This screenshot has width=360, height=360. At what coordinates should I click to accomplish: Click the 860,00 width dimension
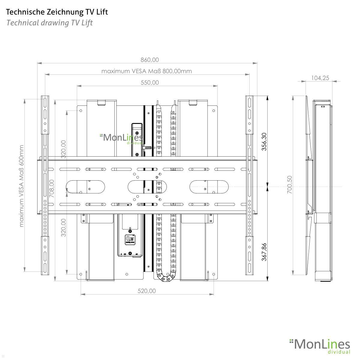(x=150, y=60)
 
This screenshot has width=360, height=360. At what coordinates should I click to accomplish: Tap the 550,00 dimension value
(x=150, y=82)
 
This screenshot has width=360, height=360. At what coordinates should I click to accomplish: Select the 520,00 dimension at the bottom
(x=147, y=291)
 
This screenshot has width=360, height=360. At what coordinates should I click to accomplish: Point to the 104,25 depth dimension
(x=320, y=78)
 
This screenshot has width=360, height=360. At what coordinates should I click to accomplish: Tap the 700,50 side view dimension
(x=289, y=184)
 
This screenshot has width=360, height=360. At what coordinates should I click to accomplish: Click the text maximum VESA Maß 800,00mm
(x=146, y=71)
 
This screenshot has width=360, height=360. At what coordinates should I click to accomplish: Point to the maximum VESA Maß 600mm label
(x=21, y=186)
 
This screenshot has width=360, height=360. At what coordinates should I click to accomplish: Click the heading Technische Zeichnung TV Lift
(x=57, y=12)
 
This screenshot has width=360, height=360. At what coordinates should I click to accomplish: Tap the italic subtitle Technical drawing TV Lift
(x=49, y=23)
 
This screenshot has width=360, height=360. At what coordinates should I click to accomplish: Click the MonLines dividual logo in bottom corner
(x=320, y=346)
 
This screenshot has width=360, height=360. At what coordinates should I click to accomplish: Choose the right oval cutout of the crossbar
(x=206, y=187)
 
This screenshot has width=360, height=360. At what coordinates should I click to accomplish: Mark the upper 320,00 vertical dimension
(x=63, y=149)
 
